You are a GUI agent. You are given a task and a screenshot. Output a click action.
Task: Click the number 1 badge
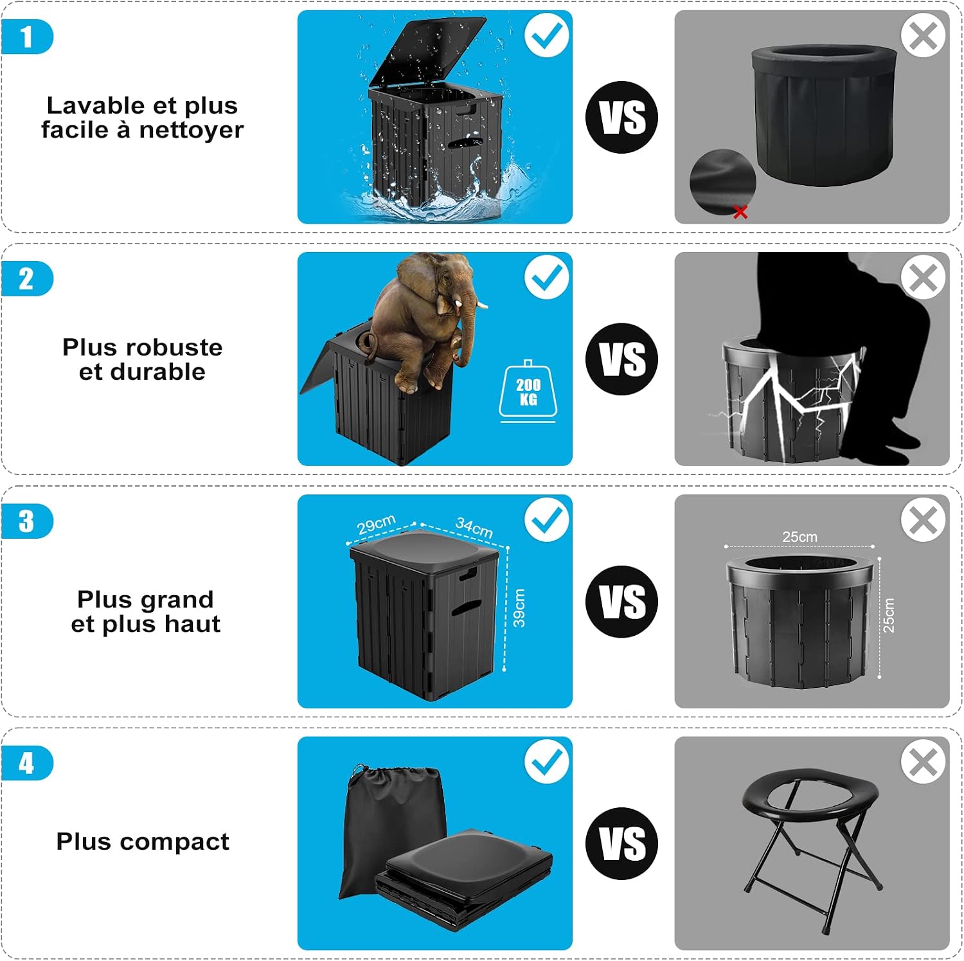point(26,37)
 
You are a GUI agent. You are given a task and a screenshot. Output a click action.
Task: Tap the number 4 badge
point(26,763)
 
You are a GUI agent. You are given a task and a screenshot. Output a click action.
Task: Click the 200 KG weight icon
point(528,391)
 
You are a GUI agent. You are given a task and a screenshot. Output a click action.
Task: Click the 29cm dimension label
point(376,525)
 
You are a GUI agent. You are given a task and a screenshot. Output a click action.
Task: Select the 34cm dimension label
point(474,528)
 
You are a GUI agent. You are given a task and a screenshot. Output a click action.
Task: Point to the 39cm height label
point(519,608)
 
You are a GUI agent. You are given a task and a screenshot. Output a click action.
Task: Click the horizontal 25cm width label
point(799,536)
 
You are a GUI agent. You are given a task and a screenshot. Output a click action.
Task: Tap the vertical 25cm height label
point(888,615)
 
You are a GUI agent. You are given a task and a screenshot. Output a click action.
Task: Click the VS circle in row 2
point(621,359)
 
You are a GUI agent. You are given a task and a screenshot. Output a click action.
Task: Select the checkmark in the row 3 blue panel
point(547,520)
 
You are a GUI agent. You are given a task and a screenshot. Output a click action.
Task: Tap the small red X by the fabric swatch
point(740,211)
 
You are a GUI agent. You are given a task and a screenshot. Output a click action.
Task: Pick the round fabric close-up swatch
point(722,183)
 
